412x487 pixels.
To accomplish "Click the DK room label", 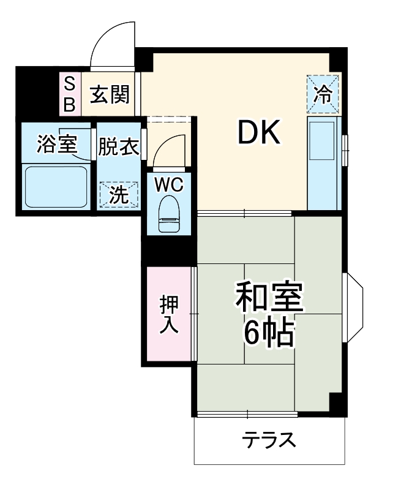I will point(258,133).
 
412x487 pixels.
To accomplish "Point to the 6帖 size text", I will point(269,333).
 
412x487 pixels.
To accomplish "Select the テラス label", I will point(269,440).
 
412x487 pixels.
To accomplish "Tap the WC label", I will point(168,183).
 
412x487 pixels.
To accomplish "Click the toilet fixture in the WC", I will point(168,214).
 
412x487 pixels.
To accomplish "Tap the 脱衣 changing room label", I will point(119,147).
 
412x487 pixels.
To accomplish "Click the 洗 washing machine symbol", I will point(119,195).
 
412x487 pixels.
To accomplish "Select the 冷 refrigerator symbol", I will point(322,94).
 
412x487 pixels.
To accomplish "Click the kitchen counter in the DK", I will point(322,162).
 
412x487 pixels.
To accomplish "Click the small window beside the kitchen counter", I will point(345,150).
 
